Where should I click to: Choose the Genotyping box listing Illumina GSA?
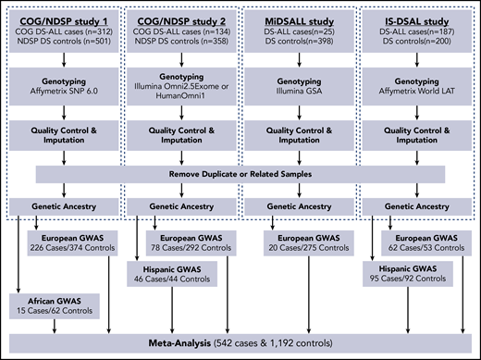(x=299, y=89)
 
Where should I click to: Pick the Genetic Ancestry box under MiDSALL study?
(x=299, y=205)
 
